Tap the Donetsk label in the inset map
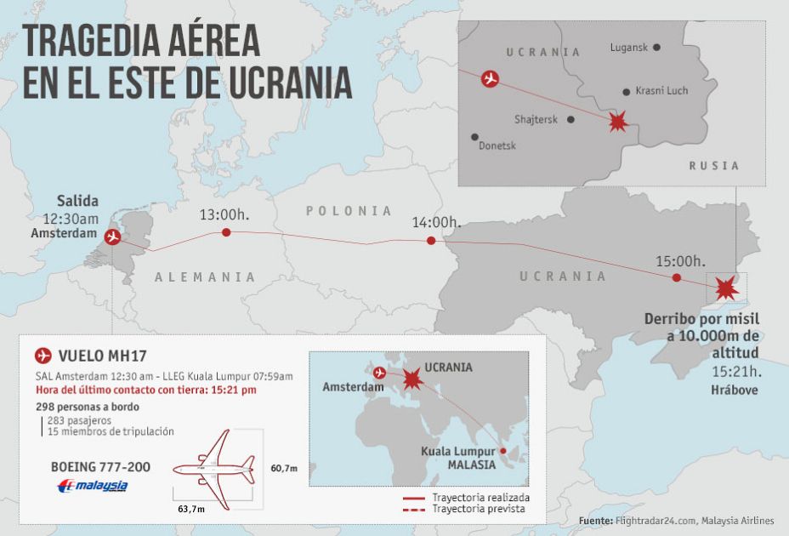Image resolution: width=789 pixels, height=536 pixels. coord(497,145)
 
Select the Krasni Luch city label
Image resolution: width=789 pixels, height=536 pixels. coord(661,91)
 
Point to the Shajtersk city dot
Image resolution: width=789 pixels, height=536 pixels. coord(570,120)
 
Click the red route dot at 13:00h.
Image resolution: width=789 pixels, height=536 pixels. coord(225,232)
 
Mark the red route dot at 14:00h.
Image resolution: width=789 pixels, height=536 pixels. coord(431,241)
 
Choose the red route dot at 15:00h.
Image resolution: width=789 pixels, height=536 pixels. coord(676,277)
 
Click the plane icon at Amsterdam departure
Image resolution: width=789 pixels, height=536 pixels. coord(112,237)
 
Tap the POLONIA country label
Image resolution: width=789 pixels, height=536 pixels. coord(349,211)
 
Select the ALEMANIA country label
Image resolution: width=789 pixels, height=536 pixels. coord(205,277)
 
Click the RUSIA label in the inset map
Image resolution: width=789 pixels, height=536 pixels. coord(713,166)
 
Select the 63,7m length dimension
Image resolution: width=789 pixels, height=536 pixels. coord(191,509)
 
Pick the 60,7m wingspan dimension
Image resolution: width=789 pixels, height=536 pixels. coord(284,468)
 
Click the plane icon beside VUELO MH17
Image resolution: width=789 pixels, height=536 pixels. coord(43,356)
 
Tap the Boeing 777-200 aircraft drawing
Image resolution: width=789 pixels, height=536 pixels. coord(214,467)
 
